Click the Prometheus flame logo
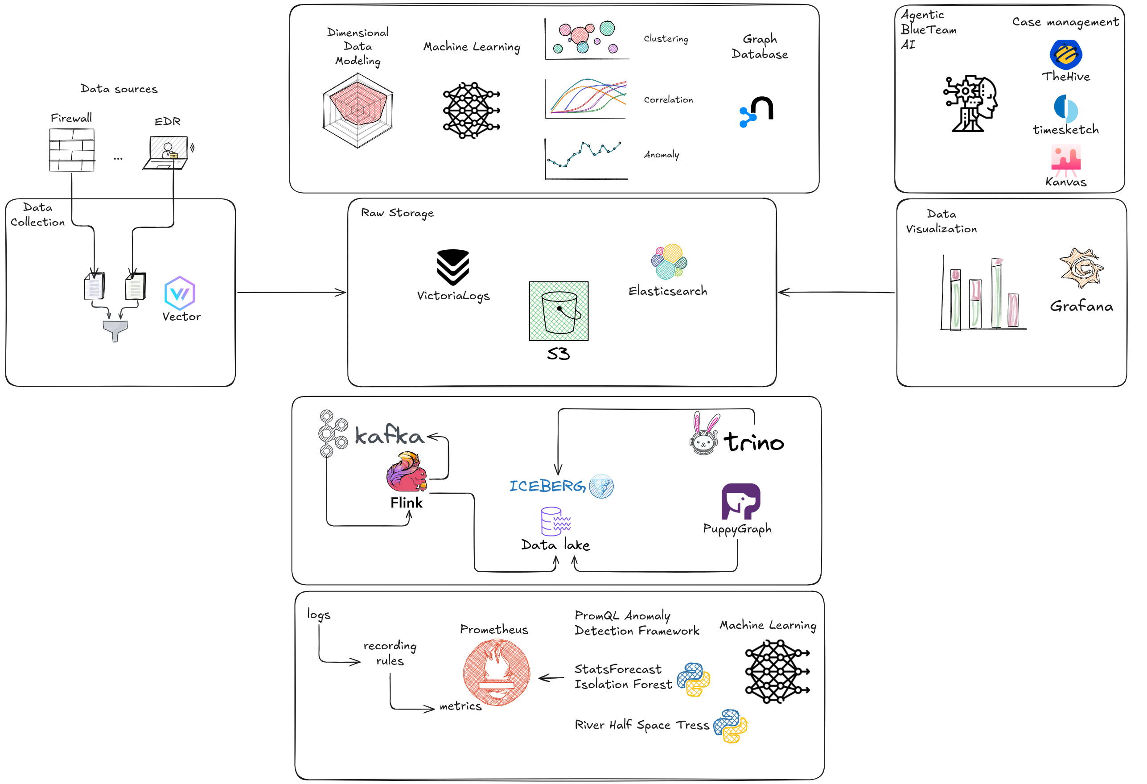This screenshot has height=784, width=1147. (497, 672)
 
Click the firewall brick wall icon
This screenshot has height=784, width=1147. (72, 150)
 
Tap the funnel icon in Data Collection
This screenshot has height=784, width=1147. (115, 330)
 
